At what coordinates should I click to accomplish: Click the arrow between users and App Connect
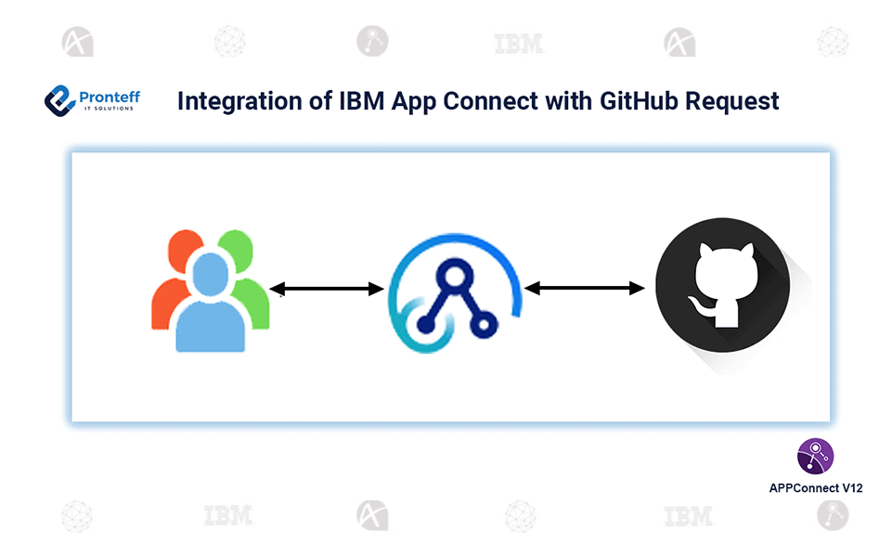pyautogui.click(x=327, y=290)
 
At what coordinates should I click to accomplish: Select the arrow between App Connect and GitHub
pyautogui.click(x=585, y=288)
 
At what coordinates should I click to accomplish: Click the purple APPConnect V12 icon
pyautogui.click(x=816, y=456)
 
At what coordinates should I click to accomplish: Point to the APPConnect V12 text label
pyautogui.click(x=816, y=487)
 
